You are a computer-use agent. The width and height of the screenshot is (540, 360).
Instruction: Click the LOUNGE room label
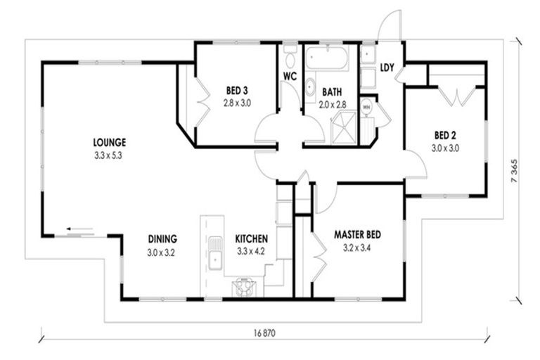pyautogui.click(x=108, y=142)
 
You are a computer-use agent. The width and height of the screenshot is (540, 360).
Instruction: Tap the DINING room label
pyautogui.click(x=162, y=238)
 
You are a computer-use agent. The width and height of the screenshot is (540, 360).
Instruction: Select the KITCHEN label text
pyautogui.click(x=250, y=238)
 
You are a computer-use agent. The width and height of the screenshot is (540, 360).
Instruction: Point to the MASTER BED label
pyautogui.click(x=357, y=234)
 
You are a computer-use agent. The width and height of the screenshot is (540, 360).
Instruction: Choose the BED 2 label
pyautogui.click(x=445, y=135)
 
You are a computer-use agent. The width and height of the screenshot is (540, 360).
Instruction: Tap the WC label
pyautogui.click(x=290, y=75)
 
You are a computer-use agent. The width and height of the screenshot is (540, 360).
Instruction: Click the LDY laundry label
pyautogui.click(x=387, y=68)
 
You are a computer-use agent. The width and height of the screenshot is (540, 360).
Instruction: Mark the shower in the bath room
pyautogui.click(x=344, y=129)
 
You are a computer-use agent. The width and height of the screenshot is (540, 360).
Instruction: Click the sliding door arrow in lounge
pyautogui.click(x=79, y=229)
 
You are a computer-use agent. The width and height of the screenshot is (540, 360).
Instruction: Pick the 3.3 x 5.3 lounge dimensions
pyautogui.click(x=108, y=156)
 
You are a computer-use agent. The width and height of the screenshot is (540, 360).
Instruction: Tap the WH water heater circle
pyautogui.click(x=366, y=108)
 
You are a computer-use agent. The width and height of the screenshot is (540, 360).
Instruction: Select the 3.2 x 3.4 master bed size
pyautogui.click(x=357, y=247)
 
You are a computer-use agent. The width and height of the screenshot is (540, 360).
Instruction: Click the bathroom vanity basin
pyautogui.click(x=309, y=87)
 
